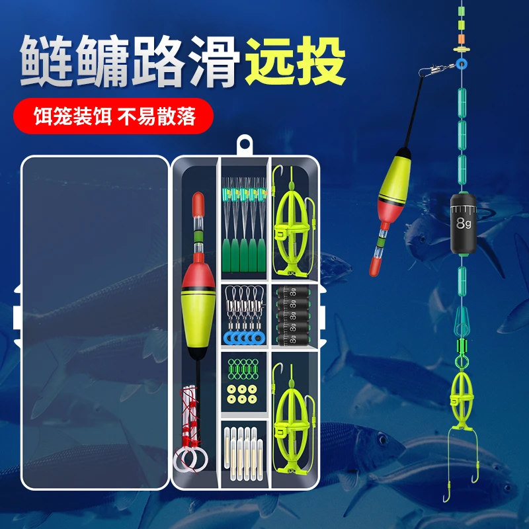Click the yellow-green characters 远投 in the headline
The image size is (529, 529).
pos(296,61)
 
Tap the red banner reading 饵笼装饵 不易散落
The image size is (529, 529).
pos(113,116)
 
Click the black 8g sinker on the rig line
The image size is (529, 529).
pos(464,224)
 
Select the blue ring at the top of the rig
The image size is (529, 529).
pos(461,63)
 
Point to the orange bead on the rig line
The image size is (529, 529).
pos(462,38)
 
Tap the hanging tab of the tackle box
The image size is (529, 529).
pos(245,145)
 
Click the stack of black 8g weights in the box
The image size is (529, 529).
pos(292,316)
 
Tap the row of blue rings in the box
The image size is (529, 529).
pos(243,337)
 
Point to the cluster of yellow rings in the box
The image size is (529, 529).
pos(242,394)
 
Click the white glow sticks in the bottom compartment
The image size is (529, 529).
pos(243,454)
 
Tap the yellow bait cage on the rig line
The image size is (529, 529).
pos(461,400)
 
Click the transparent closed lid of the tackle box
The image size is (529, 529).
pos(95,323)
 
